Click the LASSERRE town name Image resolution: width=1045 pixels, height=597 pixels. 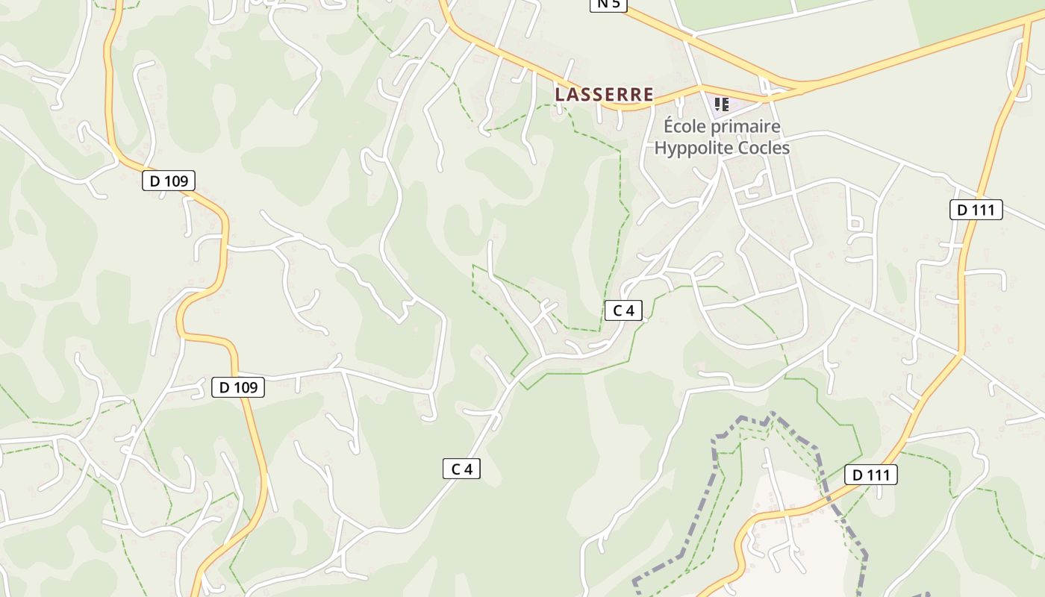pyautogui.click(x=604, y=95)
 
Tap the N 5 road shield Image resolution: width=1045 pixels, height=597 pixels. pyautogui.click(x=608, y=4)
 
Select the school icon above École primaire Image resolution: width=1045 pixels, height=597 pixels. pyautogui.click(x=721, y=104)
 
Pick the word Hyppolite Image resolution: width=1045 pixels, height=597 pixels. pyautogui.click(x=694, y=148)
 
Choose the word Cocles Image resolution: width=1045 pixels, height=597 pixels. pyautogui.click(x=764, y=148)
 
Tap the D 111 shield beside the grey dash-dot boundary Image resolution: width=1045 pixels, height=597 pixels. pyautogui.click(x=870, y=475)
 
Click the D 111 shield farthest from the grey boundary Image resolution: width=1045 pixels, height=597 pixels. pyautogui.click(x=976, y=210)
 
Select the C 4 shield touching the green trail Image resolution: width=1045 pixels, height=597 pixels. pyautogui.click(x=623, y=310)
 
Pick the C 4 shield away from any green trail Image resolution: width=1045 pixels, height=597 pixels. pyautogui.click(x=461, y=469)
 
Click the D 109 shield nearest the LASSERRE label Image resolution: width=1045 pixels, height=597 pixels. pyautogui.click(x=168, y=181)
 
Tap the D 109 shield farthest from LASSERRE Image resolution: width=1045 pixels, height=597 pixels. pyautogui.click(x=238, y=387)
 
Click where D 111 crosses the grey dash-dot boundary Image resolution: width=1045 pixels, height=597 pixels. pyautogui.click(x=829, y=495)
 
